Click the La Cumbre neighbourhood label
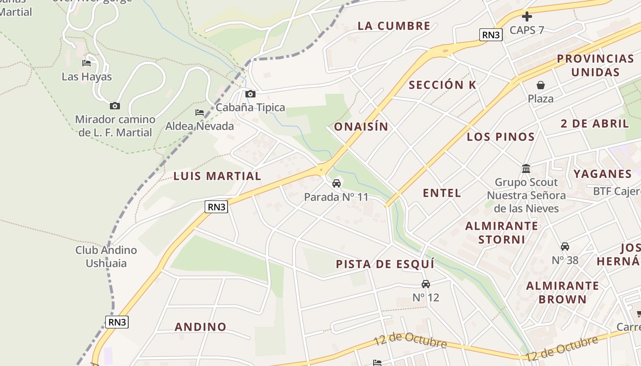pos(394,26)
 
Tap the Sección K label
pos(442,85)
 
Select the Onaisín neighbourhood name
pos(361,127)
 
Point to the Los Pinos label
pos(500,137)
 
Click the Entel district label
pos(442,193)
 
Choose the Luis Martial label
pos(217,176)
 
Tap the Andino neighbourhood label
pos(201,327)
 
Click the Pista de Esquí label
pos(385,264)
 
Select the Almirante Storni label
pos(502,232)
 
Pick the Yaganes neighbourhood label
pos(603,174)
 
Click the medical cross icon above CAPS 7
pos(527,17)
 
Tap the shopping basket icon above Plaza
pos(541,85)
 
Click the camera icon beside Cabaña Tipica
pos(250,94)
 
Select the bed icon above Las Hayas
pos(87,63)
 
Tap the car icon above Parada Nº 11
pos(337,183)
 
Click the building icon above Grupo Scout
pos(526,169)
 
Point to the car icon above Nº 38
pos(565,247)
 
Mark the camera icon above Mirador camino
pos(115,106)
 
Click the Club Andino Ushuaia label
pos(106,257)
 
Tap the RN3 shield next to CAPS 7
pos(491,35)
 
